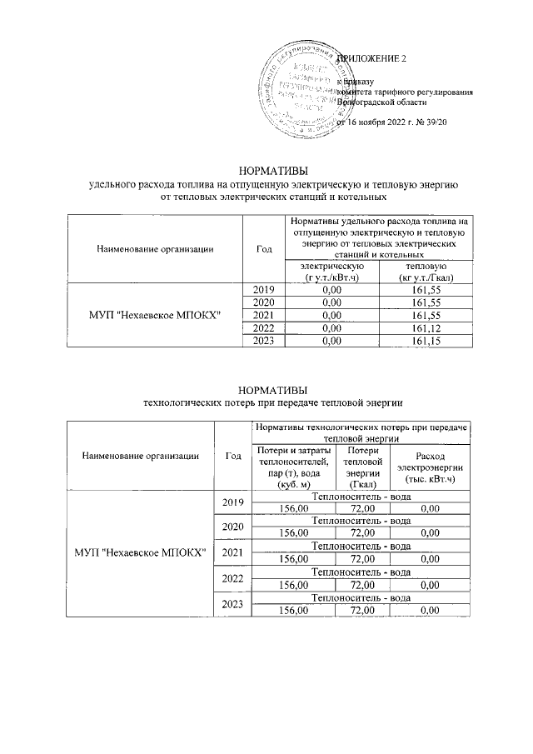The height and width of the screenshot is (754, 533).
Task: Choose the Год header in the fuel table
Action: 264,247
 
